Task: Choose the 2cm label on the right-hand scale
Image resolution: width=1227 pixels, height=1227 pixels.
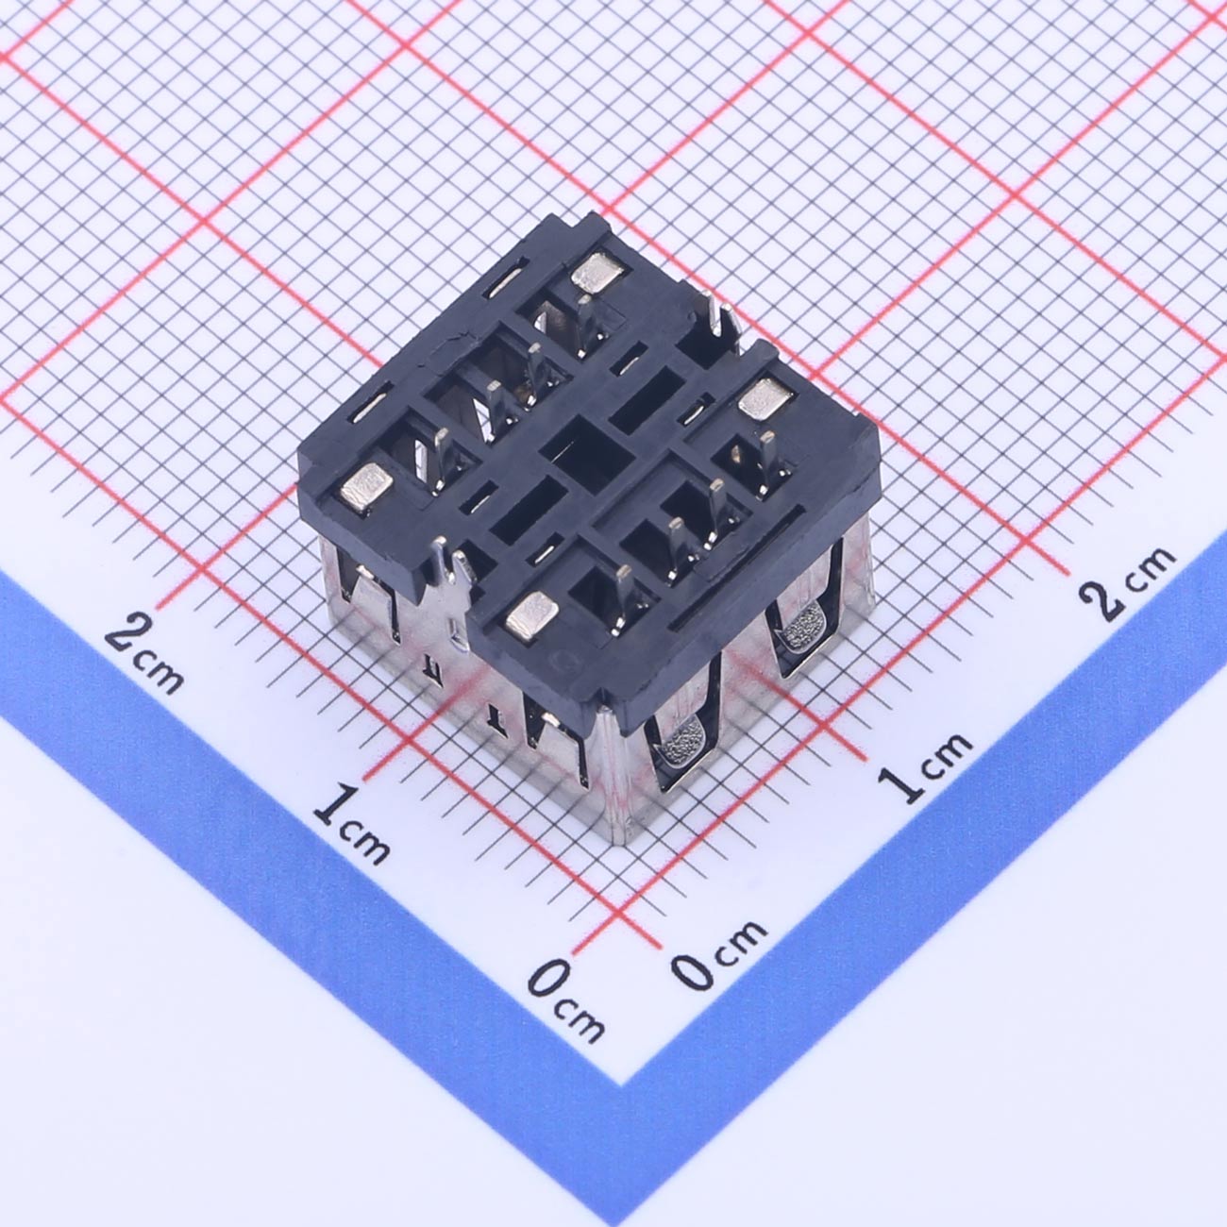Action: point(1127,582)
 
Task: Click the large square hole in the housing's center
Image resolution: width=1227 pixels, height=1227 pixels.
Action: point(586,451)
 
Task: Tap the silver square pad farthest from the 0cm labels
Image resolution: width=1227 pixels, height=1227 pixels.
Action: point(596,272)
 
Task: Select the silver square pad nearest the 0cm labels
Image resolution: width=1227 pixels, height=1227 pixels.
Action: point(531,613)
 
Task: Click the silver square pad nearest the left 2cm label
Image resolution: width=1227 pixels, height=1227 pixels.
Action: point(366,487)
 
